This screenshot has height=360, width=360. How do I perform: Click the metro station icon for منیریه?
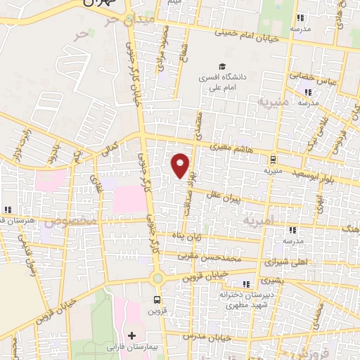(274, 160)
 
